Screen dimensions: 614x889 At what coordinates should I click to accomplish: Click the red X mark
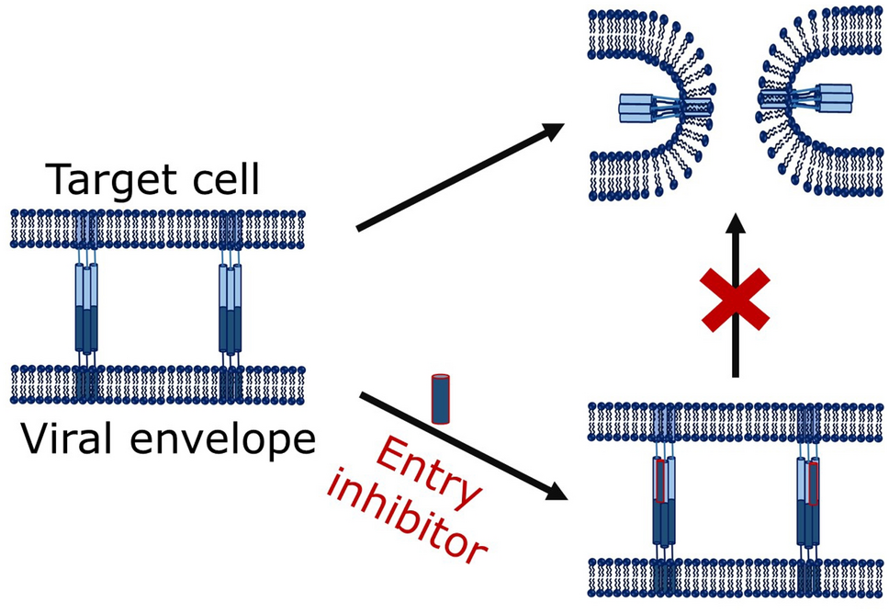tap(735, 300)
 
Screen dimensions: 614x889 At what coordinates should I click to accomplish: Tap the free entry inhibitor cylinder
tap(441, 398)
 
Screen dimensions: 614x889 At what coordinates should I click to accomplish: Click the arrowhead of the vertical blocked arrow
tap(735, 223)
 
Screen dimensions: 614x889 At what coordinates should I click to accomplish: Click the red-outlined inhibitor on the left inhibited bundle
tap(660, 480)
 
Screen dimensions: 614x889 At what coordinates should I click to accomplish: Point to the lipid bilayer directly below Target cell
tap(156, 229)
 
